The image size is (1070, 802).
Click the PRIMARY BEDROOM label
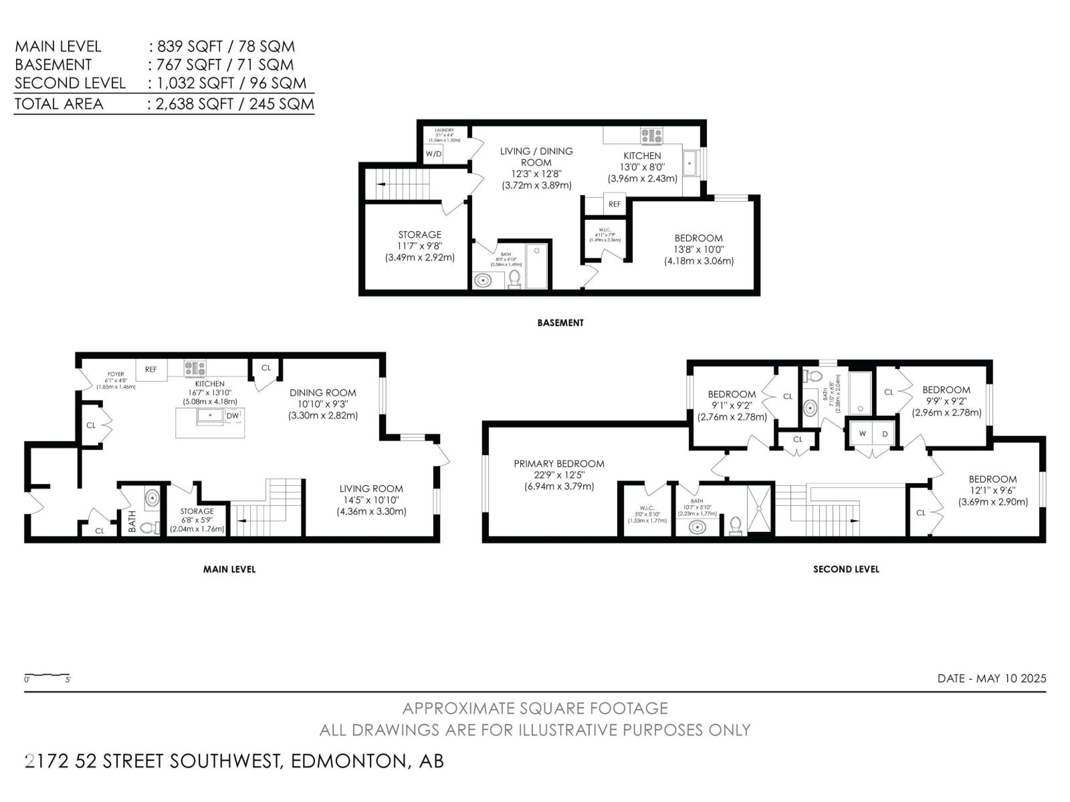tap(558, 464)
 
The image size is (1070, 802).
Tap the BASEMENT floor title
tap(560, 323)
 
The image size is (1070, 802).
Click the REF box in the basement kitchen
tap(614, 204)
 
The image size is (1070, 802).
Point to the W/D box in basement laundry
tap(434, 154)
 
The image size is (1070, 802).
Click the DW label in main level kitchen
tap(232, 416)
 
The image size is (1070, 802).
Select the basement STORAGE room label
tap(419, 235)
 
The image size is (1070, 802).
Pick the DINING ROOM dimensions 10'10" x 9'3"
tap(323, 404)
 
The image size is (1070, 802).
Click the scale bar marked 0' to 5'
tap(47, 676)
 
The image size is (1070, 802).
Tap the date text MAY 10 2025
tap(1011, 678)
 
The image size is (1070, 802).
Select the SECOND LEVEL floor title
tap(846, 569)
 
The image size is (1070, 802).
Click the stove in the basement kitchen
tap(651, 136)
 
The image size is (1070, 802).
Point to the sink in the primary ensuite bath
tap(697, 527)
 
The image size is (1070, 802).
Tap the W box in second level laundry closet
tap(862, 434)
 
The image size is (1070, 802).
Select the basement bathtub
tap(536, 266)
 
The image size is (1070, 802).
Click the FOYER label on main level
tap(116, 374)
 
